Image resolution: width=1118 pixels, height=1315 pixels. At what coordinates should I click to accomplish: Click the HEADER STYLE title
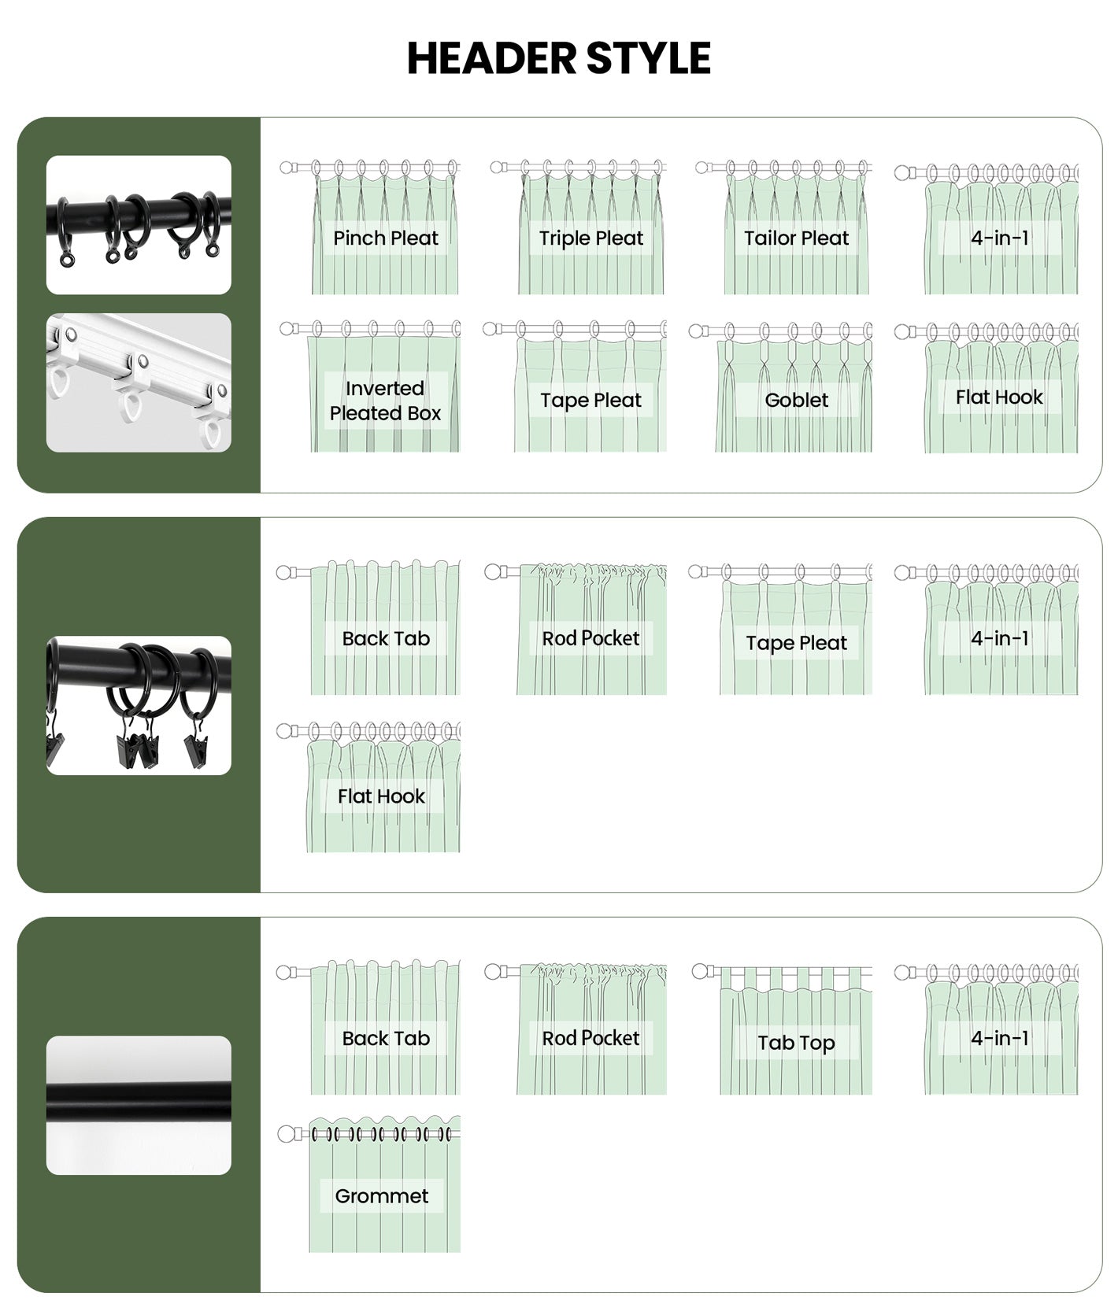pyautogui.click(x=558, y=58)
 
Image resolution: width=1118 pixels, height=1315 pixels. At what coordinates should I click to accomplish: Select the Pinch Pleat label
pyautogui.click(x=386, y=238)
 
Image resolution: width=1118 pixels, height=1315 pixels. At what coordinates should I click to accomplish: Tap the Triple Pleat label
pyautogui.click(x=591, y=238)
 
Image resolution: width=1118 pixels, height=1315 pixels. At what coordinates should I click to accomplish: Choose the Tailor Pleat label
pyautogui.click(x=797, y=238)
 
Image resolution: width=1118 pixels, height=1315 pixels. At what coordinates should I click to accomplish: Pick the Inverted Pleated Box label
pyautogui.click(x=385, y=401)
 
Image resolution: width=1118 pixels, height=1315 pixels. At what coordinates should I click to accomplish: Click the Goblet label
pyautogui.click(x=797, y=400)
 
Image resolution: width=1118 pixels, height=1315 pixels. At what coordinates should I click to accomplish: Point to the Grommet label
pyautogui.click(x=382, y=1196)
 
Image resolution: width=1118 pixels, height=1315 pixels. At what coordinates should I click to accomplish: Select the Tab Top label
pyautogui.click(x=796, y=1043)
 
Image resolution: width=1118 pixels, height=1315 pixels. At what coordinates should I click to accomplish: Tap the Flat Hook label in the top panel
pyautogui.click(x=999, y=397)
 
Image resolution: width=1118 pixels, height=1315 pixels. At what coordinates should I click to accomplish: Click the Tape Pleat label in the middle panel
pyautogui.click(x=797, y=643)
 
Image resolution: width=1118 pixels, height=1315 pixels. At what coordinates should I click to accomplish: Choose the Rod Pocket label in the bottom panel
pyautogui.click(x=590, y=1038)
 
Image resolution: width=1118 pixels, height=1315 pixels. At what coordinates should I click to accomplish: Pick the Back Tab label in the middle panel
pyautogui.click(x=386, y=638)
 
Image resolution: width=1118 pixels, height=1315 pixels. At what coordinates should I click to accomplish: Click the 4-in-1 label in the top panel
pyautogui.click(x=1000, y=238)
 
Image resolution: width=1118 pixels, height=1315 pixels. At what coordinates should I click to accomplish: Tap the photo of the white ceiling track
pyautogui.click(x=139, y=382)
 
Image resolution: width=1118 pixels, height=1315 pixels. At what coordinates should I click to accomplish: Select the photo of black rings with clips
pyautogui.click(x=139, y=705)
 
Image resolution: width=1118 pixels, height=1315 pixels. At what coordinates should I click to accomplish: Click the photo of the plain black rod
pyautogui.click(x=139, y=1105)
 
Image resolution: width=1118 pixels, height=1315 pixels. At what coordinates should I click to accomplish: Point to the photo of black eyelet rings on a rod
pyautogui.click(x=139, y=225)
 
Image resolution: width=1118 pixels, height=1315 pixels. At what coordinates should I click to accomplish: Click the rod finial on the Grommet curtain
pyautogui.click(x=286, y=1134)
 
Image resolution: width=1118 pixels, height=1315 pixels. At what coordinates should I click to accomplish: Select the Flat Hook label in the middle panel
pyautogui.click(x=381, y=796)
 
